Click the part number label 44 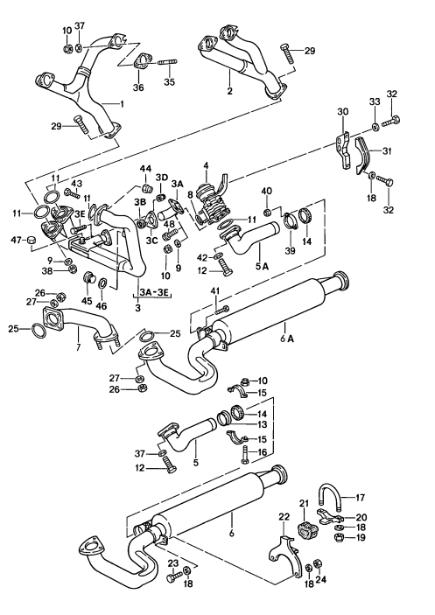pos(146,169)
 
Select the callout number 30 pos(342,112)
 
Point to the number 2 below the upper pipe pos(228,90)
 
